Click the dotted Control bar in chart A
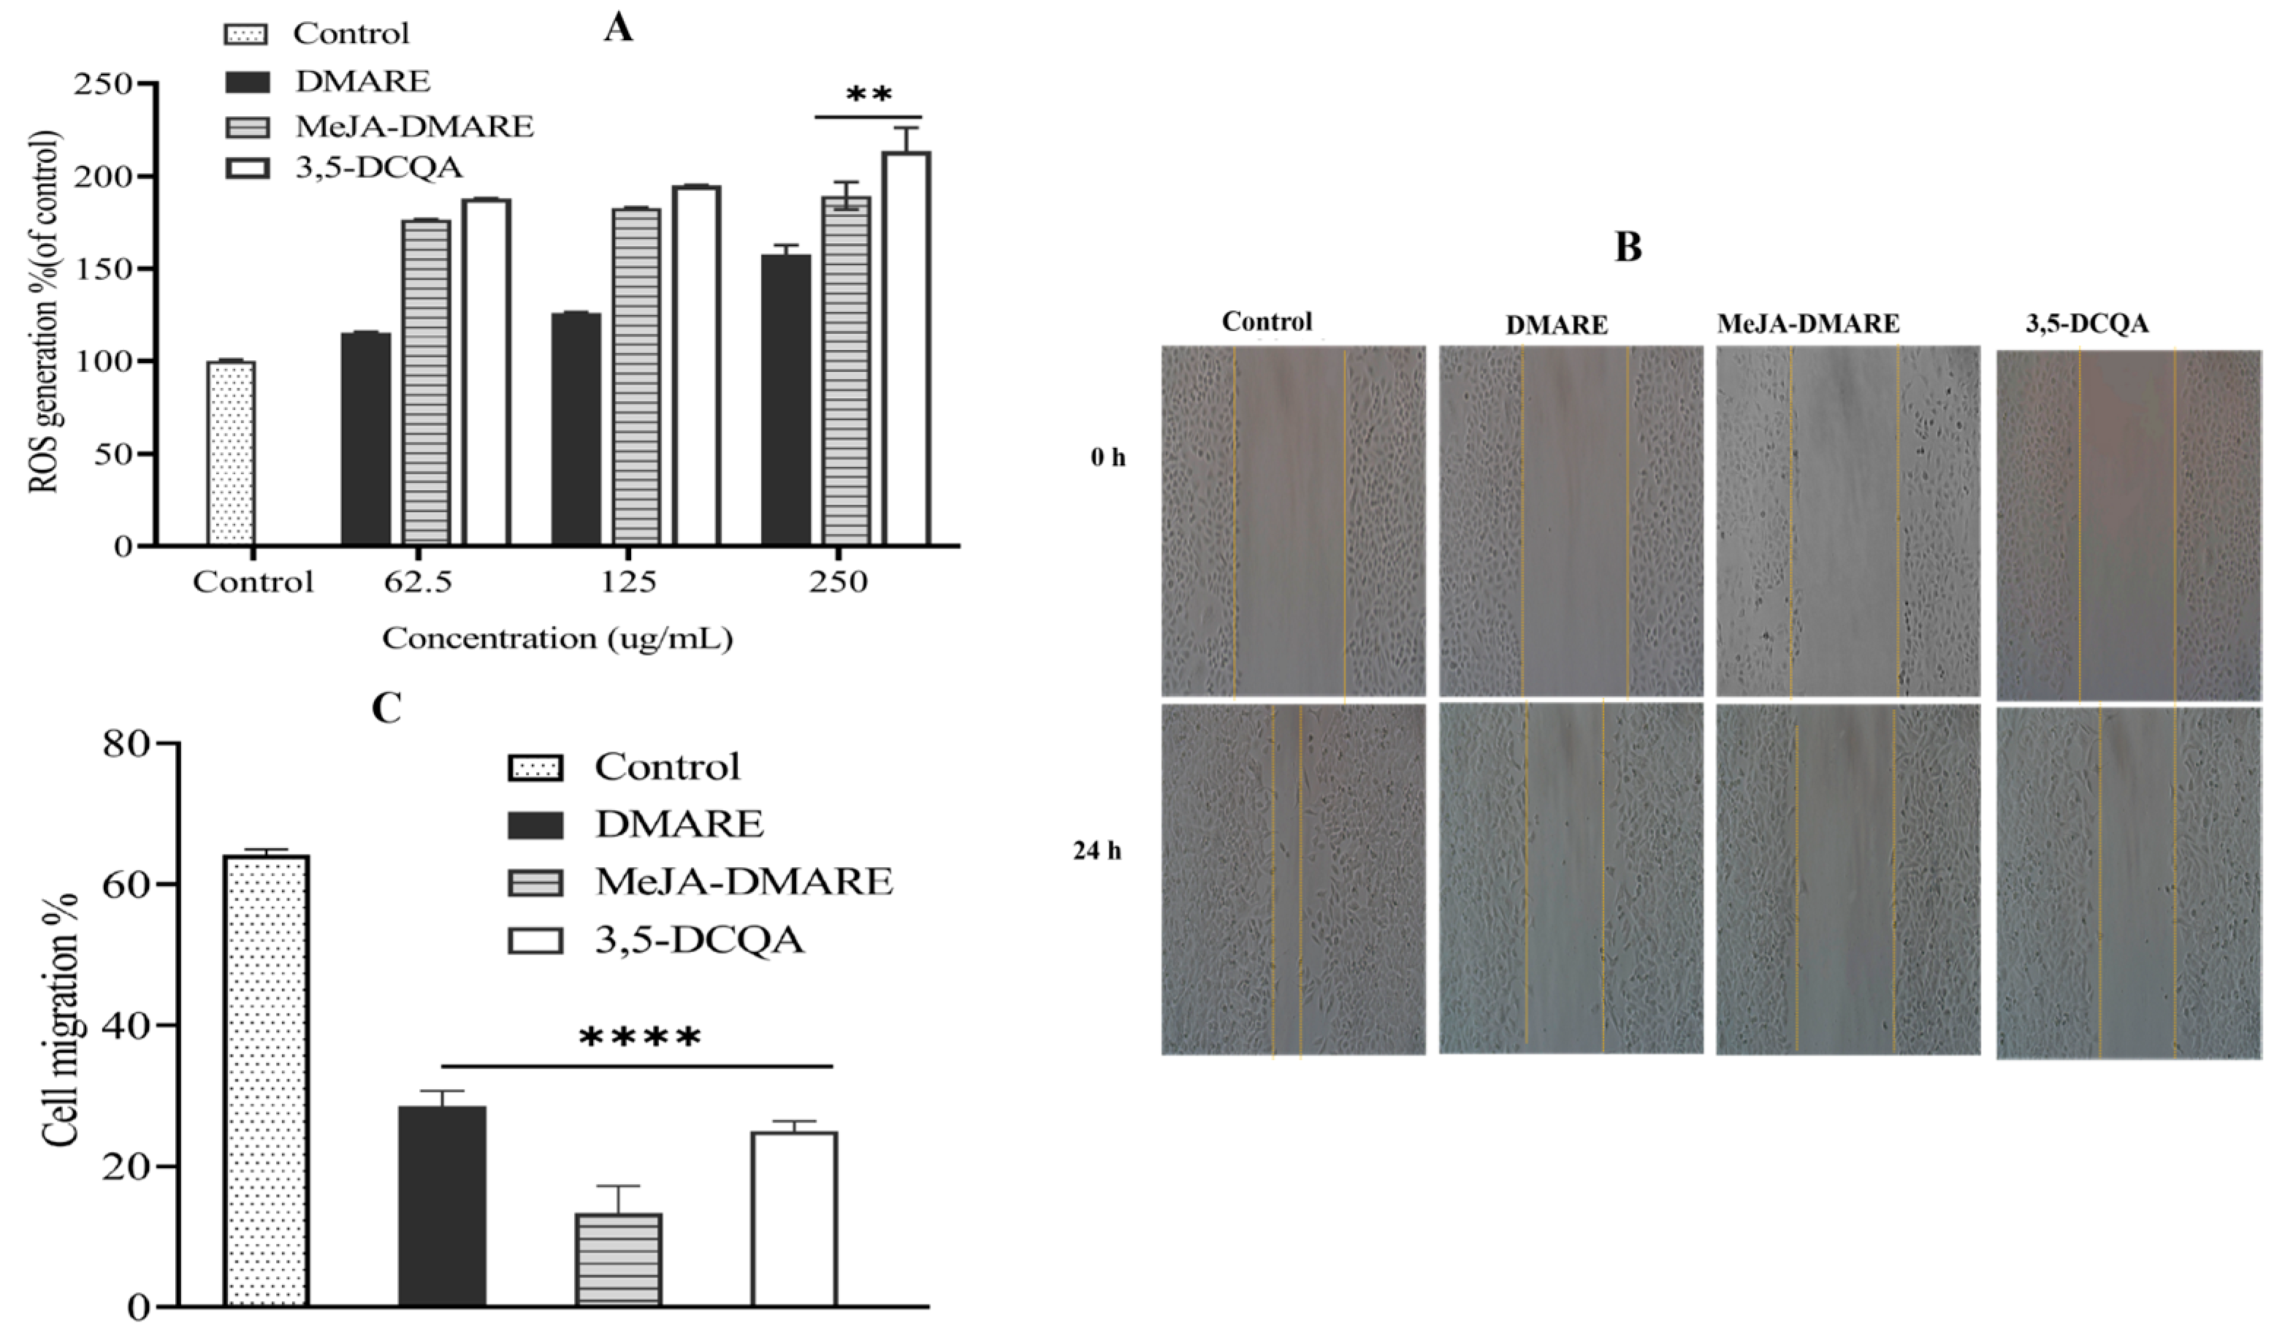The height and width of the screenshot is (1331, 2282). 231,453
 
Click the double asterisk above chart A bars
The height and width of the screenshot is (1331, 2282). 868,95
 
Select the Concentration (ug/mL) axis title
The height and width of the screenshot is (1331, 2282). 557,639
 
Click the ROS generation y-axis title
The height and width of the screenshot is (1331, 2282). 45,313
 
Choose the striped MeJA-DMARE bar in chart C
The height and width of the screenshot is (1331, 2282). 619,1259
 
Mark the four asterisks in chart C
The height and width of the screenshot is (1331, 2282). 639,1037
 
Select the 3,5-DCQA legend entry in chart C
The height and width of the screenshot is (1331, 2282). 698,940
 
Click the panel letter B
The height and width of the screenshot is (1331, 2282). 1627,247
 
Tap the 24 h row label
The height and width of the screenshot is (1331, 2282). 1096,851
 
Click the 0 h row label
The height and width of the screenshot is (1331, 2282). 1107,457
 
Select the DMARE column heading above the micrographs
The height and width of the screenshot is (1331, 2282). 1556,325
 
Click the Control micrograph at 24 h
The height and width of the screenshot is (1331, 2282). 1292,878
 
